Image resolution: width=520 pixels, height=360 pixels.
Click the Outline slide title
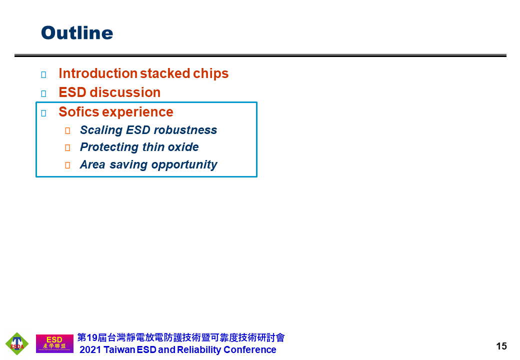tap(77, 33)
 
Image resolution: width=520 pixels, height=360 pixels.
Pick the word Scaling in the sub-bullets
tap(101, 130)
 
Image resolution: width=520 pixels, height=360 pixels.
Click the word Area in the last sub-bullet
tap(92, 165)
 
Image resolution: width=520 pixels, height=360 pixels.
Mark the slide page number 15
tap(501, 346)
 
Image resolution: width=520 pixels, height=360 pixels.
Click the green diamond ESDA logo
tap(17, 343)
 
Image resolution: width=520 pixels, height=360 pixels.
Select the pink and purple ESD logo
tap(54, 343)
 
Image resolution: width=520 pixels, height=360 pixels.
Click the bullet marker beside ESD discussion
tap(43, 93)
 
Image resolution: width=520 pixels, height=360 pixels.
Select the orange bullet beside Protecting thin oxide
tap(67, 148)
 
